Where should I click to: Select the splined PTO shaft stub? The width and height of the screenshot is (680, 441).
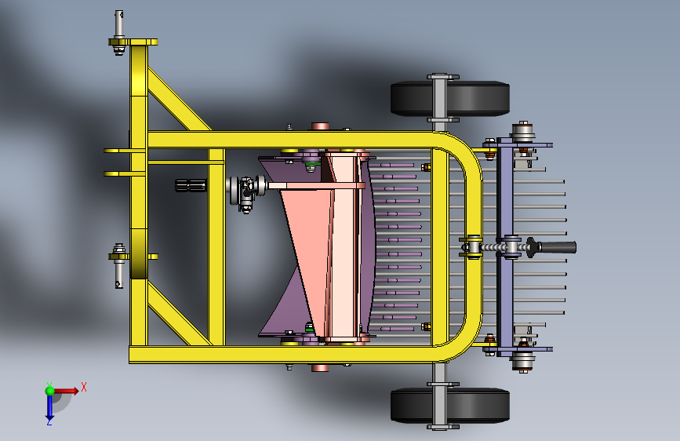[191, 185]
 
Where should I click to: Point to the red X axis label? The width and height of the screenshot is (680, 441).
[84, 387]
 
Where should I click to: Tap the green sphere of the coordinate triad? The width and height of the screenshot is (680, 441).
[50, 391]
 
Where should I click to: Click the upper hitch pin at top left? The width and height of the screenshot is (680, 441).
[119, 31]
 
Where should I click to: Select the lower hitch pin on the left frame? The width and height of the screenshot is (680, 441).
[119, 266]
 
